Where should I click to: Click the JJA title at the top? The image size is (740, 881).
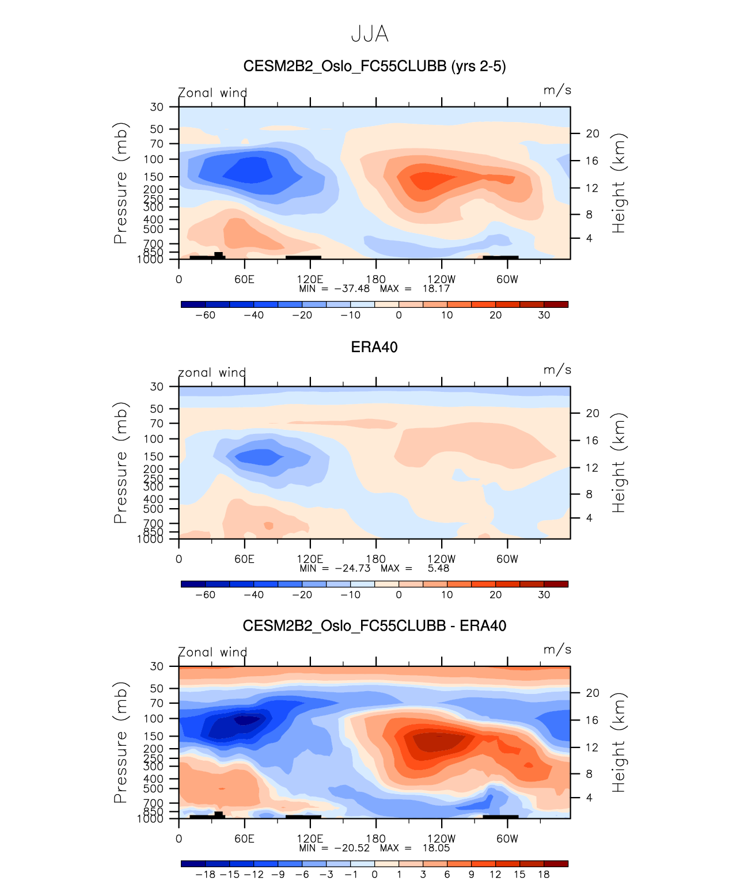point(370,35)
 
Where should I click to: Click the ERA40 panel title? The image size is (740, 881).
point(374,347)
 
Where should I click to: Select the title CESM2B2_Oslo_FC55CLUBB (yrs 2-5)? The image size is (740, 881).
point(374,66)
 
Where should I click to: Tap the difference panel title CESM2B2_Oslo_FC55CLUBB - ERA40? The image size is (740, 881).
point(374,626)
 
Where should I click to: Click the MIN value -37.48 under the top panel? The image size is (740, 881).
point(352,288)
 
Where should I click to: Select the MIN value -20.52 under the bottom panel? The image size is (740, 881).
point(352,848)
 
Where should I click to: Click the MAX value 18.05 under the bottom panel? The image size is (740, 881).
point(436,848)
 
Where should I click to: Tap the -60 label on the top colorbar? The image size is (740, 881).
point(205,315)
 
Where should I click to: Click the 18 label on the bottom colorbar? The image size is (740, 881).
point(544,874)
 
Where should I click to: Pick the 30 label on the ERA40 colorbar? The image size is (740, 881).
point(544,594)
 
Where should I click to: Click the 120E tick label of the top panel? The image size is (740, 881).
point(310,279)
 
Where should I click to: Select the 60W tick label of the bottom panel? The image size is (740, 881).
point(507,838)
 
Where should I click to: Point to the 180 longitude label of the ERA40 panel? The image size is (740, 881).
point(376,559)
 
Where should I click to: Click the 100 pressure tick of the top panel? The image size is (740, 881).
point(154,159)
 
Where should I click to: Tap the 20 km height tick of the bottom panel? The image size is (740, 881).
point(593,693)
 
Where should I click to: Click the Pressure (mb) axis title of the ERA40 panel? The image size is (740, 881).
point(120,463)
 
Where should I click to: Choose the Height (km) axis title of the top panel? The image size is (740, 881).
point(618,183)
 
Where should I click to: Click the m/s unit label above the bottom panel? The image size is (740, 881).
point(557,650)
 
